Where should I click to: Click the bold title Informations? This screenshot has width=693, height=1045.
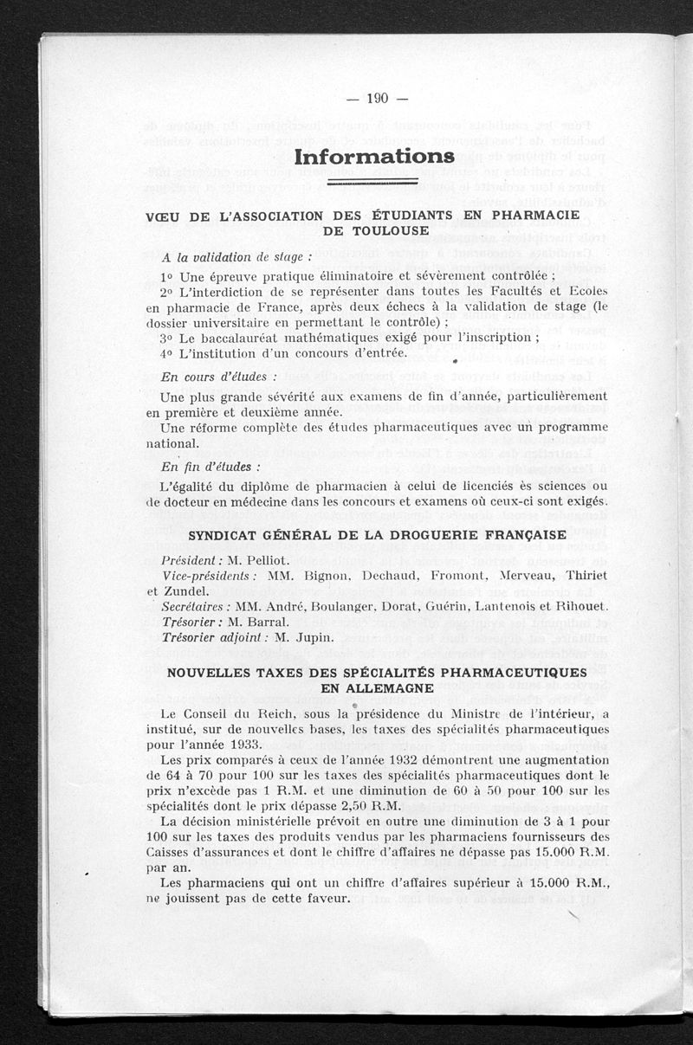(x=374, y=157)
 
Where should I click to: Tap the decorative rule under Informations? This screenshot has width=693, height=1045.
(x=374, y=183)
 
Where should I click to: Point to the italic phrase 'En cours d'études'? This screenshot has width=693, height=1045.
(x=219, y=377)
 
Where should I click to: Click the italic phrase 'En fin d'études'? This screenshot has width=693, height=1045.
(x=211, y=467)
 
